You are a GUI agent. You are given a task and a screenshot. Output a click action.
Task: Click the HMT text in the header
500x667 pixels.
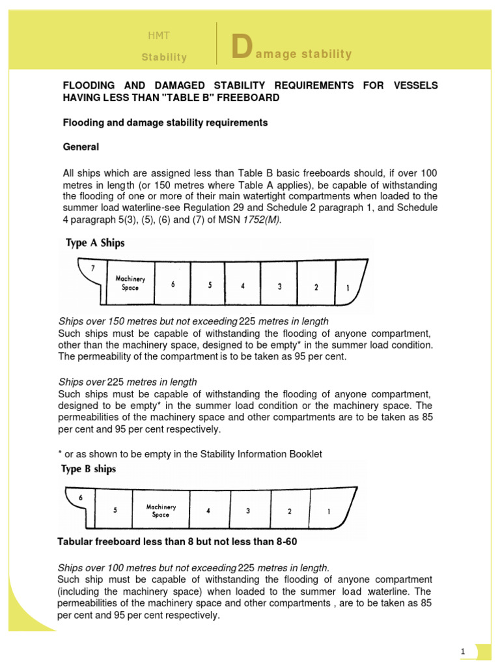point(159,36)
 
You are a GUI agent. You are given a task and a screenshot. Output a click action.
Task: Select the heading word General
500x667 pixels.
point(81,147)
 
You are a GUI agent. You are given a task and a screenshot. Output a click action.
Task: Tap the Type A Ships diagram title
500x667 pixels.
point(94,244)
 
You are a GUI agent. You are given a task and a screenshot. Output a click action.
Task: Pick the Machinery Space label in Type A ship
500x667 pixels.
point(130,283)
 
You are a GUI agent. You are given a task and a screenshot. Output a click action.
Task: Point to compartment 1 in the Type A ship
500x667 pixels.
point(347,287)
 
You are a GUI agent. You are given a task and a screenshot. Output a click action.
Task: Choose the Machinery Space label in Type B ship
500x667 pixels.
point(160,510)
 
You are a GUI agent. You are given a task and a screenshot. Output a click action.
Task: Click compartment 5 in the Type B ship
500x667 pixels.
point(115,511)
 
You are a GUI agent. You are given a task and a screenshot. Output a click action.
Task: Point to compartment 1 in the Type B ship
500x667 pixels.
point(329,511)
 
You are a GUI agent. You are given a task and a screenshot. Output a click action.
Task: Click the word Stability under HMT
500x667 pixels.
point(164,57)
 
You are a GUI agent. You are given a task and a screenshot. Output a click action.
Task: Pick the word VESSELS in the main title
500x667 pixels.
point(416,86)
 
